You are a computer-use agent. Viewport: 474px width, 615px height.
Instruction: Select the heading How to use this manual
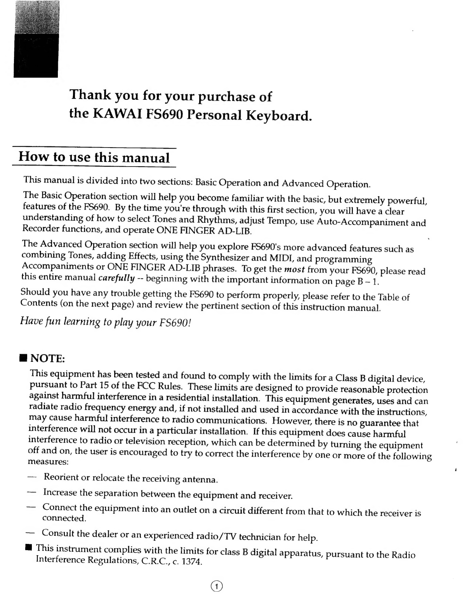point(94,157)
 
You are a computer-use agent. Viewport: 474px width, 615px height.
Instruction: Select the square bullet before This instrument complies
point(28,547)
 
